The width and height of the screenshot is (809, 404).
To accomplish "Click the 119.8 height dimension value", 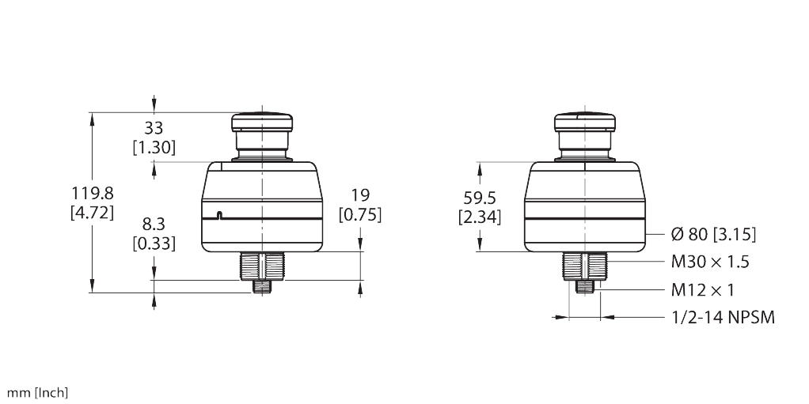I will (x=93, y=193).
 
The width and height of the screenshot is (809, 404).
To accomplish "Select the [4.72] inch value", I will (x=93, y=212).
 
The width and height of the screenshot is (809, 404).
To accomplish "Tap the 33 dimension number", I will (x=154, y=128).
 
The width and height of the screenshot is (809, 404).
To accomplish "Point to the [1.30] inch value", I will (x=154, y=147).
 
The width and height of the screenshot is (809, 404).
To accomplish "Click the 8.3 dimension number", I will (x=154, y=225).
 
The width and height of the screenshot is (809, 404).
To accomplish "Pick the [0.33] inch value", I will (x=154, y=244).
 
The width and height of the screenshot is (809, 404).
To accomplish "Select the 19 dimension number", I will (x=360, y=194).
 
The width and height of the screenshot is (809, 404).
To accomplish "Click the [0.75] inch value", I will (x=360, y=213).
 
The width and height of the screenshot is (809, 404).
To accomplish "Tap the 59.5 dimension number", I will (x=479, y=198).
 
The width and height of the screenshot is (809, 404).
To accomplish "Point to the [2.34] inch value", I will (x=479, y=217).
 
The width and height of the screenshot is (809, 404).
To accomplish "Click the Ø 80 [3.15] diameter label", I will (x=713, y=234).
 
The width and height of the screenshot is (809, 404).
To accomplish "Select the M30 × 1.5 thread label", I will (x=710, y=262).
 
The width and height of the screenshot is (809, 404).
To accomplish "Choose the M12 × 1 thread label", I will (x=703, y=290).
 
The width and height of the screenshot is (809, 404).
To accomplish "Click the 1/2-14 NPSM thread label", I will (x=722, y=318).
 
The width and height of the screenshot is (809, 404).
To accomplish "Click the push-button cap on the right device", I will (x=584, y=123).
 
